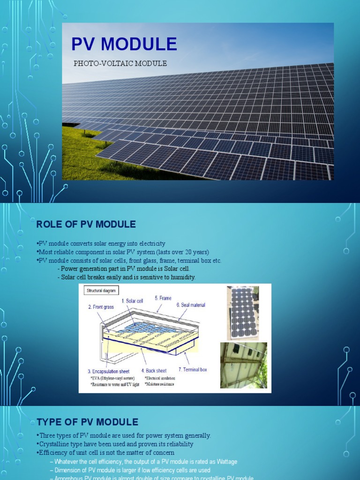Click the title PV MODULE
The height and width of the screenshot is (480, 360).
coord(124,44)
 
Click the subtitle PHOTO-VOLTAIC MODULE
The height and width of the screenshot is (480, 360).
coord(120,63)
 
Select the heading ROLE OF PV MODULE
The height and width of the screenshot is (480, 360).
coord(86,225)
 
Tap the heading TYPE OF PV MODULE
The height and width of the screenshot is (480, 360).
coord(87,422)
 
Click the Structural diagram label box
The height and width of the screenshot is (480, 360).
coord(101,291)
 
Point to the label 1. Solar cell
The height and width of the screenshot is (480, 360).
coord(132,301)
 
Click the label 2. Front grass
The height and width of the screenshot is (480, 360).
coord(101,307)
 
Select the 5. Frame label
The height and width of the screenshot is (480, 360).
coord(163,298)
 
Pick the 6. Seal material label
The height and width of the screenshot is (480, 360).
coord(191,305)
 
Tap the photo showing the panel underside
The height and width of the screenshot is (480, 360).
coord(243,365)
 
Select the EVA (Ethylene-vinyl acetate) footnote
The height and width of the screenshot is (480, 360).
coord(113,378)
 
